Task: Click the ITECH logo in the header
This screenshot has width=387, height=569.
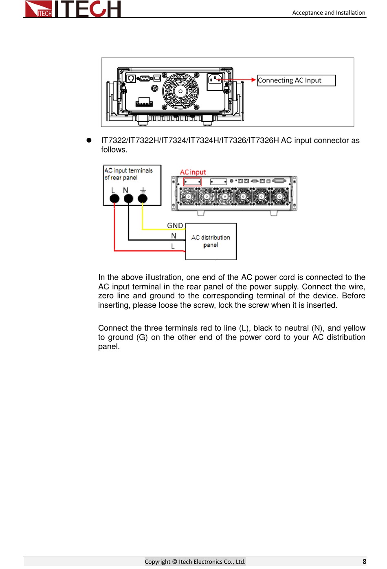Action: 73,9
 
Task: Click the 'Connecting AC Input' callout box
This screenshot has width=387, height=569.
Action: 296,80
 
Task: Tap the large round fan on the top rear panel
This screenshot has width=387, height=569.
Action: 180,91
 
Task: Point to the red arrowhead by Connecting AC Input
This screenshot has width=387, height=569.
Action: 253,80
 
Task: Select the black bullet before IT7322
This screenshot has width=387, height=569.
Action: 89,140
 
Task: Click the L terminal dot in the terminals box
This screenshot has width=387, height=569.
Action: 114,198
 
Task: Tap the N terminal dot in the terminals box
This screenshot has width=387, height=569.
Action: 128,198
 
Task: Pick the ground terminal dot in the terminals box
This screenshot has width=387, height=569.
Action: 143,198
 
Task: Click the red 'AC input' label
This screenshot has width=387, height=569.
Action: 193,172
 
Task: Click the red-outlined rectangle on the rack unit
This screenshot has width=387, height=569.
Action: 192,182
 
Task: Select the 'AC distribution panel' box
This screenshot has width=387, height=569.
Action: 211,241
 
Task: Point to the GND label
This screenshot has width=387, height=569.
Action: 175,225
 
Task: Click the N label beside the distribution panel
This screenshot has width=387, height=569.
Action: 174,236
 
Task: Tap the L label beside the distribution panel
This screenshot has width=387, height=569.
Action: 173,246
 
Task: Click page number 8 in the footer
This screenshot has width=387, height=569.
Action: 364,561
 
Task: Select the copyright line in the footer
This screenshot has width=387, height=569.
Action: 195,561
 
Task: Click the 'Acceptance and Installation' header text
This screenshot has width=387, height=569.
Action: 328,13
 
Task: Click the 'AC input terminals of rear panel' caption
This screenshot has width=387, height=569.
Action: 128,174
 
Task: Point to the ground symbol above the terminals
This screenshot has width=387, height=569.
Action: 143,190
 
